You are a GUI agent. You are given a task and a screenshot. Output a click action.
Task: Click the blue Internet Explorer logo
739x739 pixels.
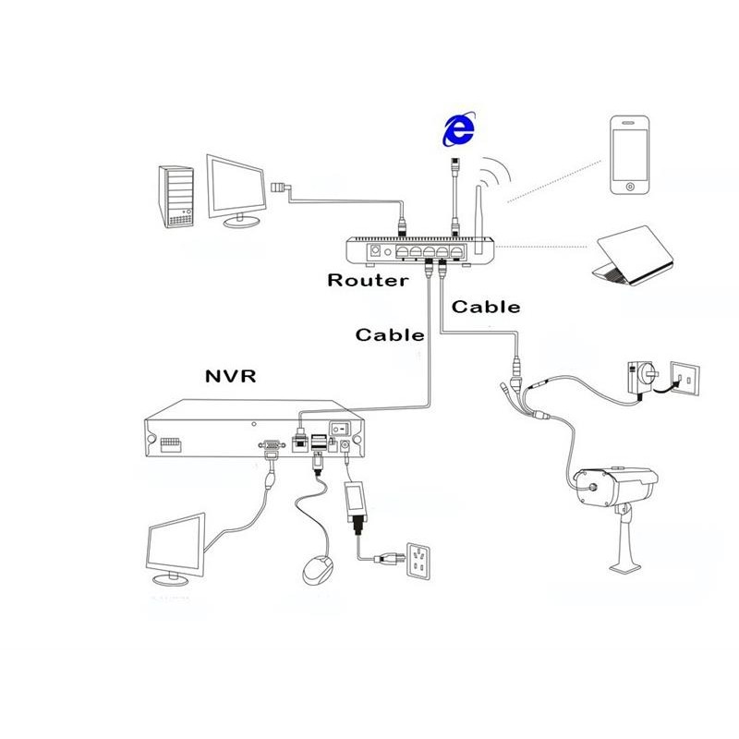pos(459,130)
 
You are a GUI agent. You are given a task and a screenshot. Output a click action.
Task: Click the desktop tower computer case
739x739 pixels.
pos(178,196)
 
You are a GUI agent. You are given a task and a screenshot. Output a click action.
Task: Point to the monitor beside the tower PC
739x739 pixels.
pos(238,188)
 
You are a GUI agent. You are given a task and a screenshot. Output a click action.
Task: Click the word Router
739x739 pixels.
pos(368,280)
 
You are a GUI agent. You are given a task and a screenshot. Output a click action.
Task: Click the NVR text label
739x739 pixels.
pos(232,376)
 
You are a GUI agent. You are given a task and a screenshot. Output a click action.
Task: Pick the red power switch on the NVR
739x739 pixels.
pos(341,429)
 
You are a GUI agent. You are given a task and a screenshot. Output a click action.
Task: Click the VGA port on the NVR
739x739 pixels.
pos(272,445)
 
